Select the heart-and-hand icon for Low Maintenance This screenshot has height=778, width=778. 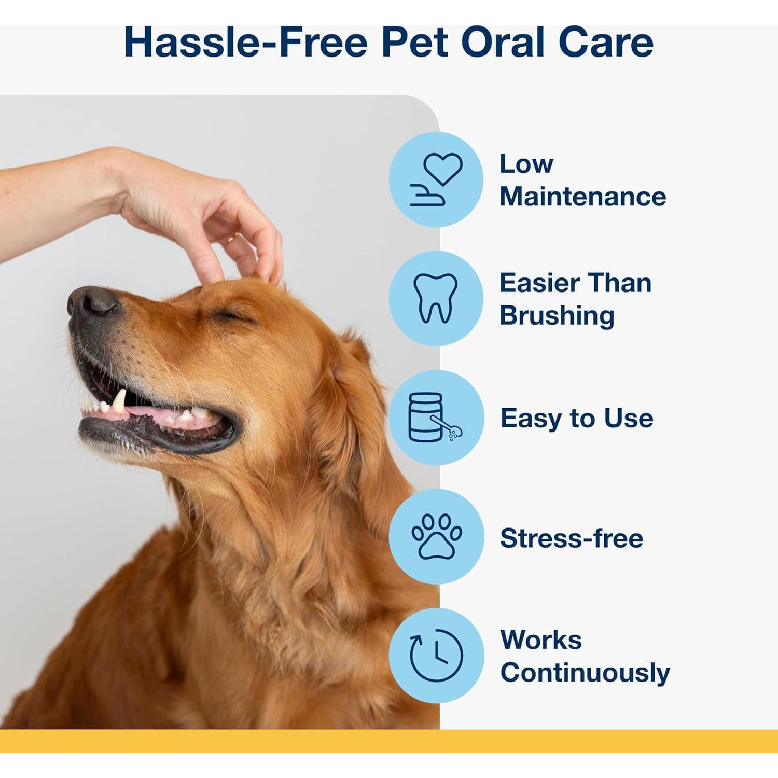pyautogui.click(x=436, y=179)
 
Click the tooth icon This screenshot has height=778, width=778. pyautogui.click(x=436, y=298)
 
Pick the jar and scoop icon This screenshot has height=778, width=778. pyautogui.click(x=436, y=418)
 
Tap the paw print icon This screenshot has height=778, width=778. pyautogui.click(x=436, y=537)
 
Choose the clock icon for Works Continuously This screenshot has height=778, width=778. pyautogui.click(x=436, y=656)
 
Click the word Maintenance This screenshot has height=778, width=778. pyautogui.click(x=582, y=197)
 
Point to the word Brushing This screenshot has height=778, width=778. pyautogui.click(x=557, y=316)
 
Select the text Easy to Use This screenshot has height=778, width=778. pyautogui.click(x=577, y=418)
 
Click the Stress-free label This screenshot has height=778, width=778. pyautogui.click(x=572, y=538)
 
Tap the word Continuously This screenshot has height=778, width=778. pyautogui.click(x=585, y=673)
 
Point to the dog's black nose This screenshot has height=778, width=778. pyautogui.click(x=92, y=302)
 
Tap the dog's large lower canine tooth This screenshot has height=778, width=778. pyautogui.click(x=120, y=400)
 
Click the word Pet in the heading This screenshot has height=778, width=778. pyautogui.click(x=414, y=43)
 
